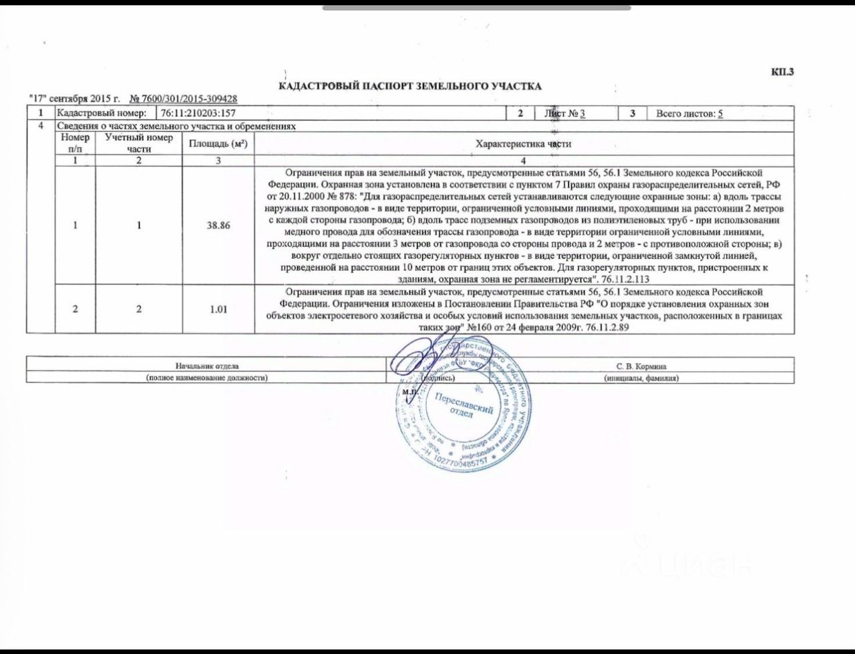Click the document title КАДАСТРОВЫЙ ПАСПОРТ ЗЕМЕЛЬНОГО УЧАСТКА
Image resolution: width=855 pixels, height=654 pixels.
coord(409,86)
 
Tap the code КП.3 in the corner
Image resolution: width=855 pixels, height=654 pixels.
coord(782,73)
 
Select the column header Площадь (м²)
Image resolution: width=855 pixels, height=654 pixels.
coord(218,143)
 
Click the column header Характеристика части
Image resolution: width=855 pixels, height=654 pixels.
coord(523,143)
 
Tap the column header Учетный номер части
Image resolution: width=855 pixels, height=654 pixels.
coord(139,143)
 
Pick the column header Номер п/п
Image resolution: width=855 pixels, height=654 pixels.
coord(75,143)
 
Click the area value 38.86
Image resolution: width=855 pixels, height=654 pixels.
coord(218,226)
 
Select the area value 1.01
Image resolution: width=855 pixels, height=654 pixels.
coord(218,310)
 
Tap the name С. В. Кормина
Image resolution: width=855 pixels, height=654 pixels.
coord(641,366)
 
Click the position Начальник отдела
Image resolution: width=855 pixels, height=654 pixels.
coord(207,366)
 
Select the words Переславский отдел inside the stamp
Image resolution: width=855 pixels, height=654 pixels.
coord(463,404)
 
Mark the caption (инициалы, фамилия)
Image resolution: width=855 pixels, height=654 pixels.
coord(641,378)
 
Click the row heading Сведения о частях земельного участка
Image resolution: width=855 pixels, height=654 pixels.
coord(176,127)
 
